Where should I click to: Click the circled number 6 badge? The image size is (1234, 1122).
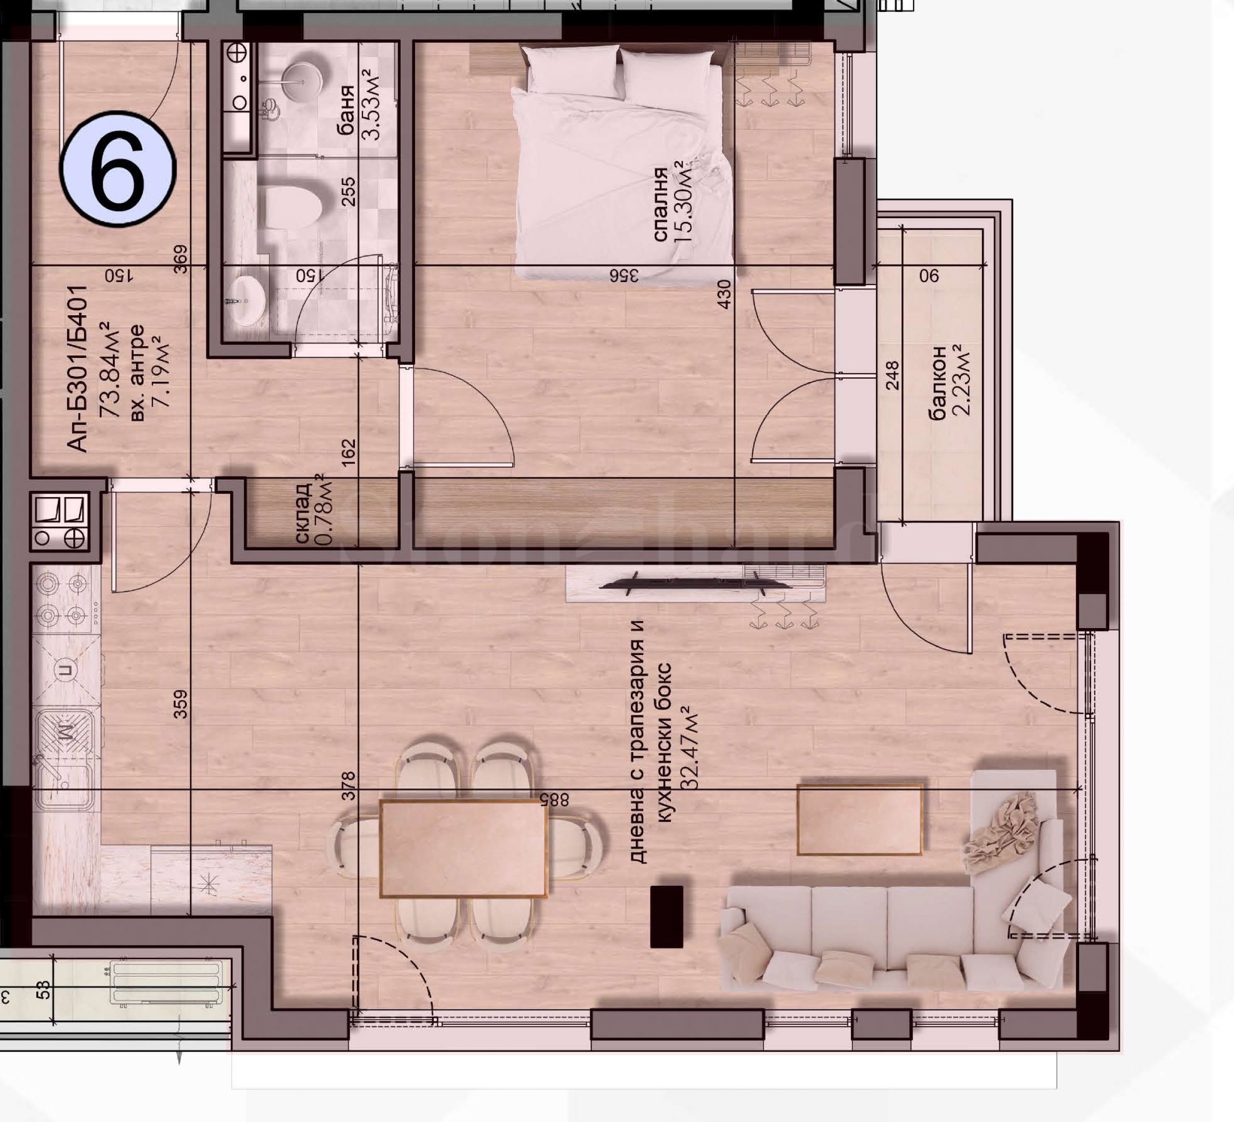tap(118, 168)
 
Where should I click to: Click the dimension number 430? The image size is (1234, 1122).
tap(724, 294)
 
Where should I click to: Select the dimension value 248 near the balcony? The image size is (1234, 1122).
tap(893, 375)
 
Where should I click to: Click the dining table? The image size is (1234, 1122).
tap(463, 848)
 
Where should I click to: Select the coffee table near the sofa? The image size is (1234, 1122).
tap(859, 820)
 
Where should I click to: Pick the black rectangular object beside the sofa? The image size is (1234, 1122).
tap(667, 916)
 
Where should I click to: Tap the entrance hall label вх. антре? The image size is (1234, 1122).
tap(138, 373)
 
